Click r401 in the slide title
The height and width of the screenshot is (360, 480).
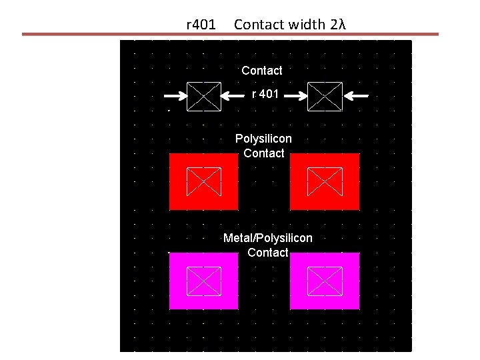tap(201, 25)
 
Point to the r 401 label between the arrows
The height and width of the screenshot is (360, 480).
tap(265, 95)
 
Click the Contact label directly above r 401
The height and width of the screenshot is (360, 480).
tap(262, 70)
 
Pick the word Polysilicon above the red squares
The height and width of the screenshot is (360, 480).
tap(263, 139)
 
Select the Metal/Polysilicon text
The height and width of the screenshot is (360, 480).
tap(267, 238)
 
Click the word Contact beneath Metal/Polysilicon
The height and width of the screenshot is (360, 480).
tap(267, 253)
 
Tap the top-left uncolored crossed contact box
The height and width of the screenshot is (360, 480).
tap(204, 97)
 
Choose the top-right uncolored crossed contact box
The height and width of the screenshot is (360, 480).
tap(325, 97)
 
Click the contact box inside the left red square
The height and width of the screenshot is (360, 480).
tap(204, 181)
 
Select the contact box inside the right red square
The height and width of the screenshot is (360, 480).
tap(325, 181)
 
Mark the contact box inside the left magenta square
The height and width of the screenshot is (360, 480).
tap(204, 281)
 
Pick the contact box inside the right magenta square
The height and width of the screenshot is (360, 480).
tap(325, 281)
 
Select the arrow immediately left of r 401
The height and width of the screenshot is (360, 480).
tap(234, 96)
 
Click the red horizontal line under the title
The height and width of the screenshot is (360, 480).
tap(231, 34)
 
